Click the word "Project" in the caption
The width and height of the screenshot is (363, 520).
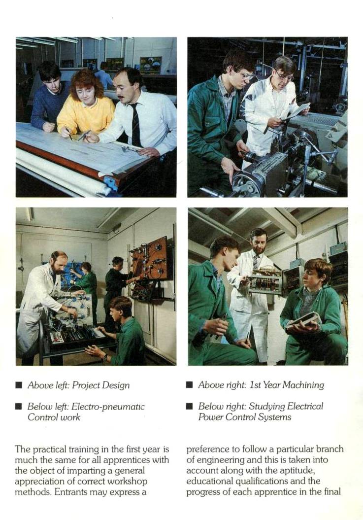pyautogui.click(x=86, y=385)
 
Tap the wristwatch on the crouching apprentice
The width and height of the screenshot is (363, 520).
pyautogui.click(x=105, y=357)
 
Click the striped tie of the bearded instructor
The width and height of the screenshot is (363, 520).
pyautogui.click(x=256, y=262)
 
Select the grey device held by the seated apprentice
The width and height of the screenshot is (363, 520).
pyautogui.click(x=303, y=320)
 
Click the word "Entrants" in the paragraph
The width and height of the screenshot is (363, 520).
pyautogui.click(x=71, y=492)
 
